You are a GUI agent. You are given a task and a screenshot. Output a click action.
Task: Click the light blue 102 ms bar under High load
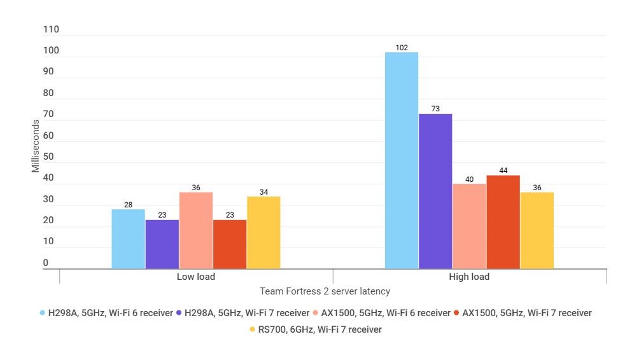tap(402, 160)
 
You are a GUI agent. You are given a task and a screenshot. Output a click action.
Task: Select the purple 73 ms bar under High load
tap(435, 191)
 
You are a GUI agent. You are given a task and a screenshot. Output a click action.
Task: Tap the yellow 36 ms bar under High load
tap(537, 230)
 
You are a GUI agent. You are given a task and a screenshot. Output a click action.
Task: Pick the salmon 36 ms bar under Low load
tap(196, 230)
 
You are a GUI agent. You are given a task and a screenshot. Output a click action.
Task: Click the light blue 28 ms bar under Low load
tap(128, 239)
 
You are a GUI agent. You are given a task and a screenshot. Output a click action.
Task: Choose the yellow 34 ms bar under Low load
tap(263, 232)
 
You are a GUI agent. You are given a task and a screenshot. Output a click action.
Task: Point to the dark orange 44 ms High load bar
tap(503, 222)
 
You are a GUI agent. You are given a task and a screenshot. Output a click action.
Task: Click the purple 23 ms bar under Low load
tap(162, 244)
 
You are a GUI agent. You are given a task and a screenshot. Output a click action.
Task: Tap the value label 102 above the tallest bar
tap(402, 48)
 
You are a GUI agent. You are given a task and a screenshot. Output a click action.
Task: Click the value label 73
tap(435, 109)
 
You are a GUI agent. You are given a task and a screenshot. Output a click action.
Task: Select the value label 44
tap(503, 170)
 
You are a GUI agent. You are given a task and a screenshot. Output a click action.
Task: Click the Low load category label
tap(196, 277)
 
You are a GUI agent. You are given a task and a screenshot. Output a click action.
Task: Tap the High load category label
tap(469, 277)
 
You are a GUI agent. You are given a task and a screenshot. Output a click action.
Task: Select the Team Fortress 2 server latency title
tap(325, 291)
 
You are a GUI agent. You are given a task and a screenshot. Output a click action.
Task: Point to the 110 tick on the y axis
tap(51, 30)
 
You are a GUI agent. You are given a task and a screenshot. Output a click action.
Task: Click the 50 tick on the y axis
tap(48, 157)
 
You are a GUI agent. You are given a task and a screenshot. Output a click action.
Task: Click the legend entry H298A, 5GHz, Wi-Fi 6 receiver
tap(106, 313)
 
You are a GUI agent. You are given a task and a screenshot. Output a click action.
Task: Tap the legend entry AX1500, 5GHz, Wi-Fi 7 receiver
tap(521, 313)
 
